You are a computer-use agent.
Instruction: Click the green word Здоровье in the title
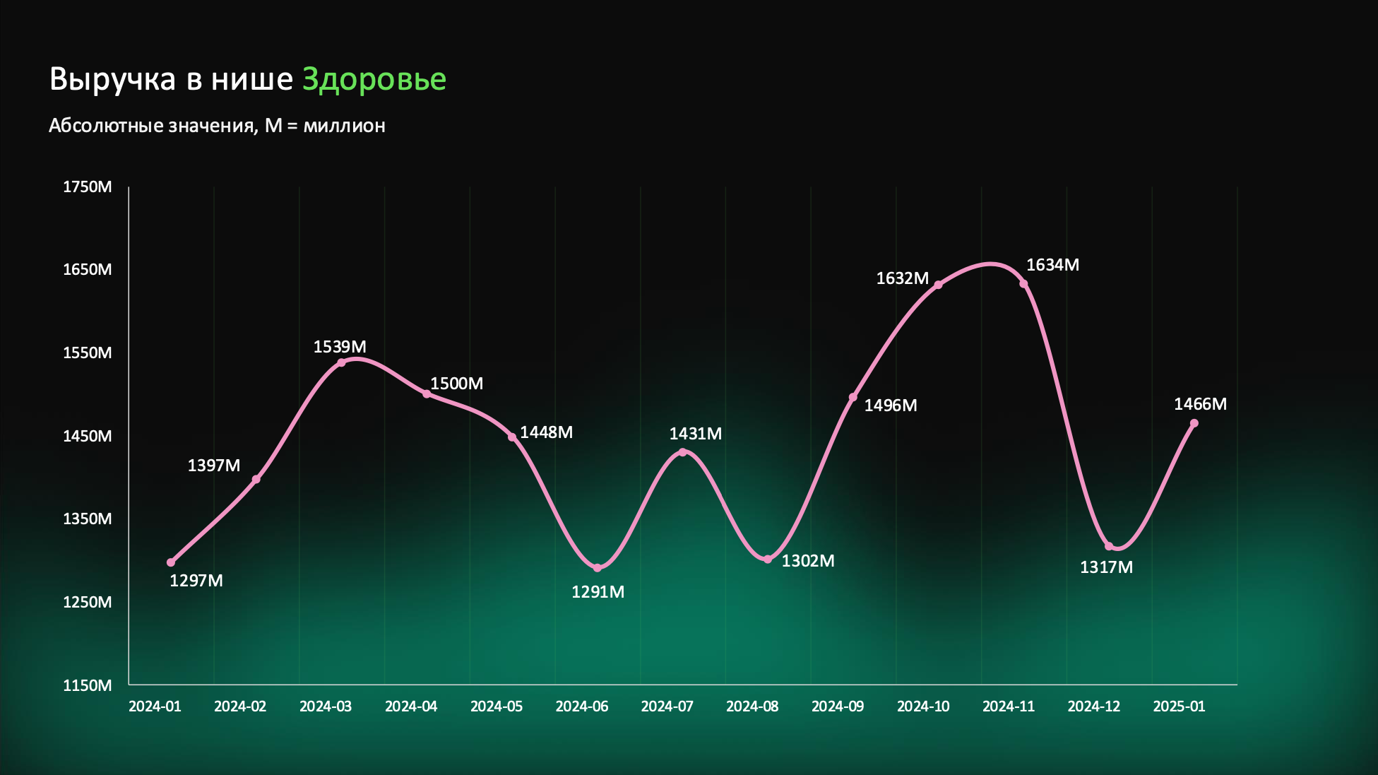pyautogui.click(x=374, y=79)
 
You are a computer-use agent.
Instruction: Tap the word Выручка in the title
pyautogui.click(x=112, y=79)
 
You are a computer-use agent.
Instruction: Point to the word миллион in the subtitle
pyautogui.click(x=345, y=126)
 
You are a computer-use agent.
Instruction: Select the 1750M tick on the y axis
pyautogui.click(x=88, y=187)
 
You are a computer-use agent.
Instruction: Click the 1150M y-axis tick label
pyautogui.click(x=88, y=685)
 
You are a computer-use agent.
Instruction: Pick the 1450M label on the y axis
pyautogui.click(x=88, y=436)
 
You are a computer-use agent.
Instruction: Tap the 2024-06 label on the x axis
pyautogui.click(x=582, y=706)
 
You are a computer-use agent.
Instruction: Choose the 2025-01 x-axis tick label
pyautogui.click(x=1180, y=706)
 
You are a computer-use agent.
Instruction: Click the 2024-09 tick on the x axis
pyautogui.click(x=838, y=706)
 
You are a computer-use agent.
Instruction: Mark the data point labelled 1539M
pyautogui.click(x=341, y=362)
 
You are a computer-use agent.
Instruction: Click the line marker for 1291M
pyautogui.click(x=598, y=568)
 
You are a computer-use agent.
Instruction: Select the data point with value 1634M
pyautogui.click(x=1023, y=284)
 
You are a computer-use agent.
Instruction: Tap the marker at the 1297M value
pyautogui.click(x=171, y=562)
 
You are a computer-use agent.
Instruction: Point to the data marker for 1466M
pyautogui.click(x=1194, y=424)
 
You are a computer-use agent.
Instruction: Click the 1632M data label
pyautogui.click(x=903, y=278)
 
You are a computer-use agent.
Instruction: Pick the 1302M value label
pyautogui.click(x=808, y=561)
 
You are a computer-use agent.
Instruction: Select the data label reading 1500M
pyautogui.click(x=457, y=384)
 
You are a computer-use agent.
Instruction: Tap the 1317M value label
pyautogui.click(x=1107, y=567)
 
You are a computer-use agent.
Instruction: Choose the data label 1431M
pyautogui.click(x=696, y=434)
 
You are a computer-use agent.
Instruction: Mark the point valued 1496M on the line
pyautogui.click(x=853, y=397)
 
